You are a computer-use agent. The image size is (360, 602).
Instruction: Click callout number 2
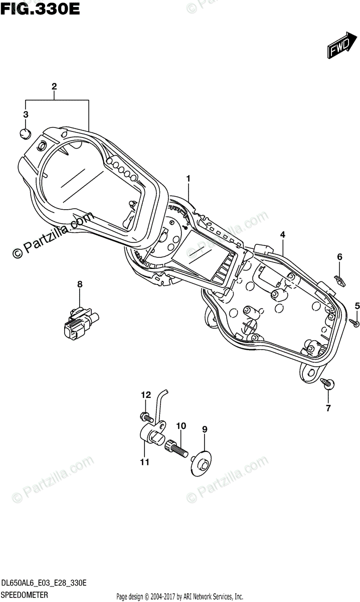tap(54, 86)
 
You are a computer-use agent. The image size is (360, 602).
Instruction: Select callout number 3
tap(26, 115)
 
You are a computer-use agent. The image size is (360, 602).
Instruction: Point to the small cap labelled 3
tap(25, 133)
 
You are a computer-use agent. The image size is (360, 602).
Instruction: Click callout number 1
tap(189, 178)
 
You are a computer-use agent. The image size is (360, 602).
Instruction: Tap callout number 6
tap(339, 257)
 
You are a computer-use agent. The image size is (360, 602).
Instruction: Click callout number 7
tap(328, 408)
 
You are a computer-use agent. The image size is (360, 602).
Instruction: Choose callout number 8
tap(79, 285)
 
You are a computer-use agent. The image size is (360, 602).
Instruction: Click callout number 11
tap(144, 462)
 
